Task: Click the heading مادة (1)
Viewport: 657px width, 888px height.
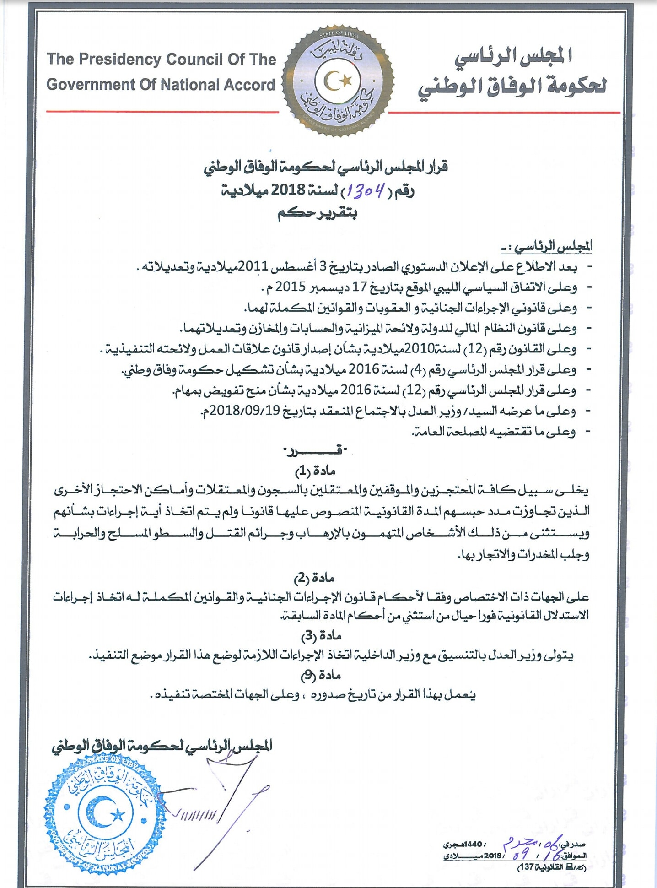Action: point(315,471)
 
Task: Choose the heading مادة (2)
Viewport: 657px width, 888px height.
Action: point(314,578)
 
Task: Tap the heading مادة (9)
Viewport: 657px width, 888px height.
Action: point(321,675)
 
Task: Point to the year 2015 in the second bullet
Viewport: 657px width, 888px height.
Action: point(290,287)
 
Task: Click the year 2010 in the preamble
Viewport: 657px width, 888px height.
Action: point(420,349)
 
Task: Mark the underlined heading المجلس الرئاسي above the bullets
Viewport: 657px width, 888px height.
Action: point(553,247)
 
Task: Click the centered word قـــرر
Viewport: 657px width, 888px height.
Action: point(316,451)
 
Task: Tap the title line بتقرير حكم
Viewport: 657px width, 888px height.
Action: point(317,214)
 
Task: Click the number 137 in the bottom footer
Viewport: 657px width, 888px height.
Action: point(526,867)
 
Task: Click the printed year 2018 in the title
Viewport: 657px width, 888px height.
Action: point(288,190)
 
